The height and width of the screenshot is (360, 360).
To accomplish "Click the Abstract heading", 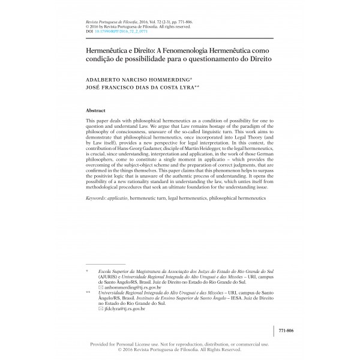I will pyautogui.click(x=97, y=112).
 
